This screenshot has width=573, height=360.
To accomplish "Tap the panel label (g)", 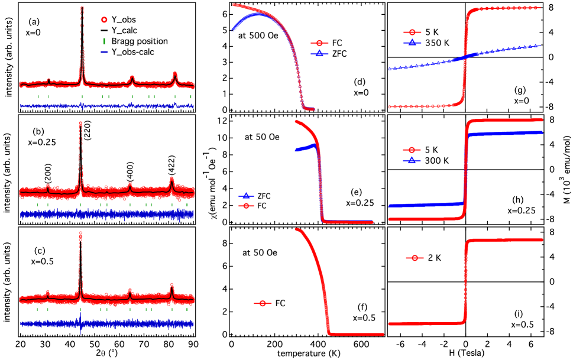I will (x=520, y=90).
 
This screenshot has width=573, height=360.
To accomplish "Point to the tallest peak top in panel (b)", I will (x=80, y=124).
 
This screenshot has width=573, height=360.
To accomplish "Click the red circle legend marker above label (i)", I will (x=415, y=258).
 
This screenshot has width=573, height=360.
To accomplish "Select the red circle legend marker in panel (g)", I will (x=412, y=32).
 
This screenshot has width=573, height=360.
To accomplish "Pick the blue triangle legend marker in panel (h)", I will (x=412, y=160).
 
